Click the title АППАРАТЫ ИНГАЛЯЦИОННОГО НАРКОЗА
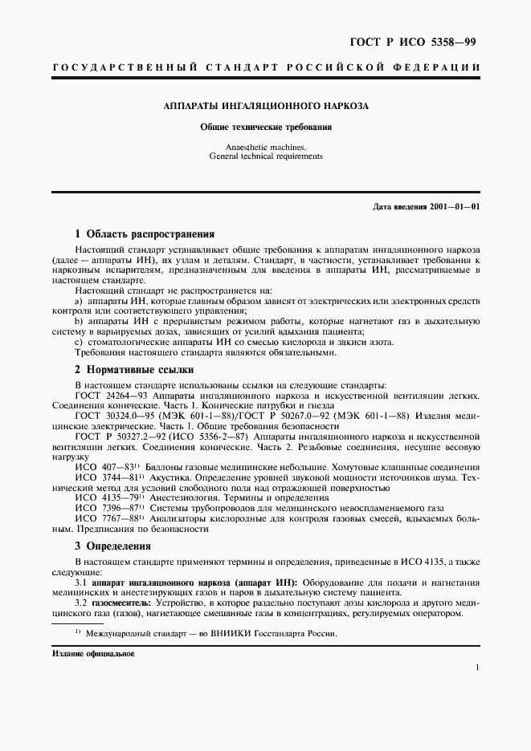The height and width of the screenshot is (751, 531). pyautogui.click(x=265, y=106)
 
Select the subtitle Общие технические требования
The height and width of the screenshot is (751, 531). pyautogui.click(x=265, y=128)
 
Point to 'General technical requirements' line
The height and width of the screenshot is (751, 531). pyautogui.click(x=265, y=156)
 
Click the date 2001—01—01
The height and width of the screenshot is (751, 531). pyautogui.click(x=455, y=207)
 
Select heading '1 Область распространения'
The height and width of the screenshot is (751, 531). pyautogui.click(x=145, y=234)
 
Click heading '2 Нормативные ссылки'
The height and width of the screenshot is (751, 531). pyautogui.click(x=134, y=370)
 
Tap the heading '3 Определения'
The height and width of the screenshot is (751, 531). pyautogui.click(x=118, y=546)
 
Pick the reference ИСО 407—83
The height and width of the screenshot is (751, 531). pyautogui.click(x=106, y=466)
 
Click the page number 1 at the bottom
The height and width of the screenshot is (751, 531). pyautogui.click(x=477, y=667)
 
